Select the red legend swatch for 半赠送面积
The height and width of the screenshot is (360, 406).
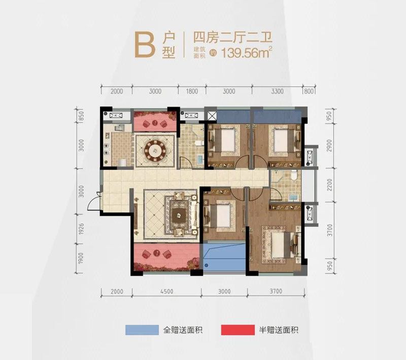238,330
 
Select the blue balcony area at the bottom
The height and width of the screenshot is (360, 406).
223,259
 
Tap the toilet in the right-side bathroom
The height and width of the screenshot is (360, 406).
293,177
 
